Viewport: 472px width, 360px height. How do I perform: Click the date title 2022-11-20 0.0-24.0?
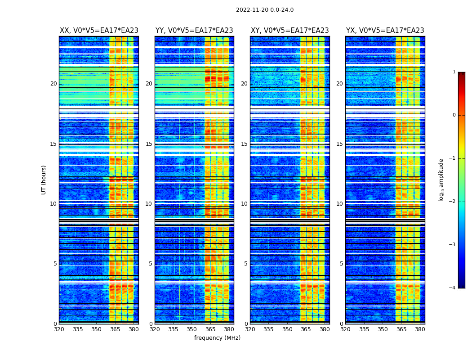pos(264,10)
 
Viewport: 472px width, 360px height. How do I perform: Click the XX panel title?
pos(99,31)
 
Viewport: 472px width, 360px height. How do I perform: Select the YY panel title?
pos(194,31)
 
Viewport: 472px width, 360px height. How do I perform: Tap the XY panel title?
pos(289,31)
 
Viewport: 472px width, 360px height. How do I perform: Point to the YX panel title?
pos(385,31)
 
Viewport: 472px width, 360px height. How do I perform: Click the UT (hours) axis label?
pos(44,180)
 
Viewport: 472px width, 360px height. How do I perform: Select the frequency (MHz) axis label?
pos(217,338)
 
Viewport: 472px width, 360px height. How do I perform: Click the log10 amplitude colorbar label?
pos(441,180)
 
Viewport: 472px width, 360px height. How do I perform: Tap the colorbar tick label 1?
pos(454,72)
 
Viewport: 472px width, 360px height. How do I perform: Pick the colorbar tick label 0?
pos(454,115)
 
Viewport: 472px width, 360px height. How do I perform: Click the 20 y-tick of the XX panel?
pos(53,84)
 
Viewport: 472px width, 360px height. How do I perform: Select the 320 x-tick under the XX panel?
pos(59,329)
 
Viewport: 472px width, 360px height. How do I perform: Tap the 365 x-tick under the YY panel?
pos(210,329)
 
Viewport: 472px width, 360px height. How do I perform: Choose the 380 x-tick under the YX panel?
pos(420,329)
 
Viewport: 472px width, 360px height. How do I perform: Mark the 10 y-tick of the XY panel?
pos(244,204)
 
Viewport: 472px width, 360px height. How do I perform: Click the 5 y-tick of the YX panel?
pos(341,264)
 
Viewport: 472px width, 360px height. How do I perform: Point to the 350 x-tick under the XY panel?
pos(287,329)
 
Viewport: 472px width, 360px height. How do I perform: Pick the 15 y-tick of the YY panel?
pos(149,144)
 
